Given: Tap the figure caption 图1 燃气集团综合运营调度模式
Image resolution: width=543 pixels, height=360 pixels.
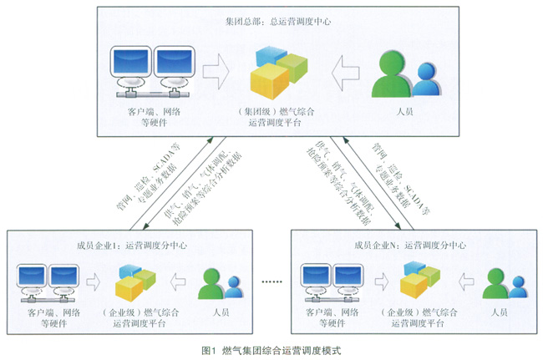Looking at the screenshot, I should click(x=271, y=349).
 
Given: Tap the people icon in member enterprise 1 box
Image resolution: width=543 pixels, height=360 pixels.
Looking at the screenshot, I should click(x=213, y=283).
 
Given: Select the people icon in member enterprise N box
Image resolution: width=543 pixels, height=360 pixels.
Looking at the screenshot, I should click(x=500, y=283).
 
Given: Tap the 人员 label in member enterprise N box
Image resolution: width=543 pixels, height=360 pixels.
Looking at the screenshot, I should click(x=500, y=312).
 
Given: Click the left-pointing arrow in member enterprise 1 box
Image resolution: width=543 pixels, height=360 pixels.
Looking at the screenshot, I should click(x=178, y=281).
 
